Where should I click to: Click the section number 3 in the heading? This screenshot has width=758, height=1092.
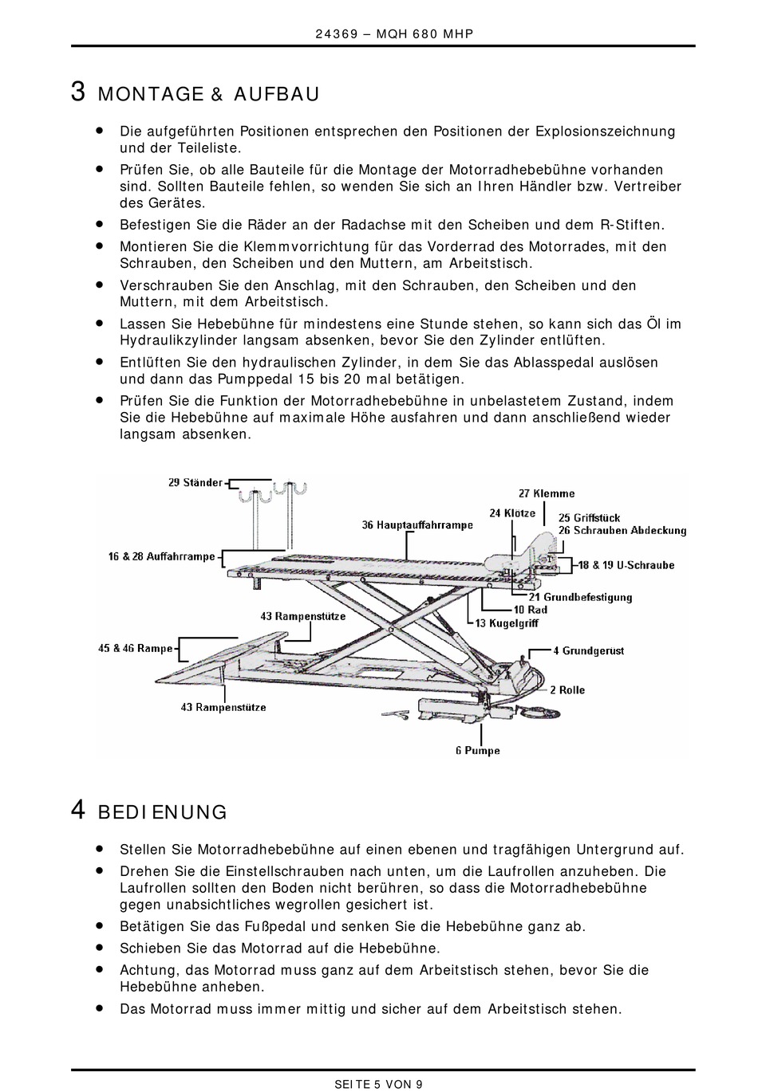tap(78, 92)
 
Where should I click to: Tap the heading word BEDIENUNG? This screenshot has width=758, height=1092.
tap(162, 813)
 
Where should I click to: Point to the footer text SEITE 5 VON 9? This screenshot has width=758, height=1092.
tap(378, 1084)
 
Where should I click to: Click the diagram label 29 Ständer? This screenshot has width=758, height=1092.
tap(195, 482)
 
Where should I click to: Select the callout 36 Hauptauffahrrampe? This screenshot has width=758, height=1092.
tap(417, 525)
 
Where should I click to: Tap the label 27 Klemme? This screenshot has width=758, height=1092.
tap(547, 494)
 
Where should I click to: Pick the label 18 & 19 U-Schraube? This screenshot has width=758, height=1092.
tap(626, 565)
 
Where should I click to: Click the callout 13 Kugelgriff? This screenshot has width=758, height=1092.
tap(507, 623)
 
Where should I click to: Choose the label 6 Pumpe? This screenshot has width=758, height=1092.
tap(478, 751)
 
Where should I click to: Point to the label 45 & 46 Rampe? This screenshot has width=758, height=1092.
tap(136, 649)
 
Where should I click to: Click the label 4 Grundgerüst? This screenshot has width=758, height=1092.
tap(589, 651)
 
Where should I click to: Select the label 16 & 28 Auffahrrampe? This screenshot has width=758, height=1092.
tap(162, 556)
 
